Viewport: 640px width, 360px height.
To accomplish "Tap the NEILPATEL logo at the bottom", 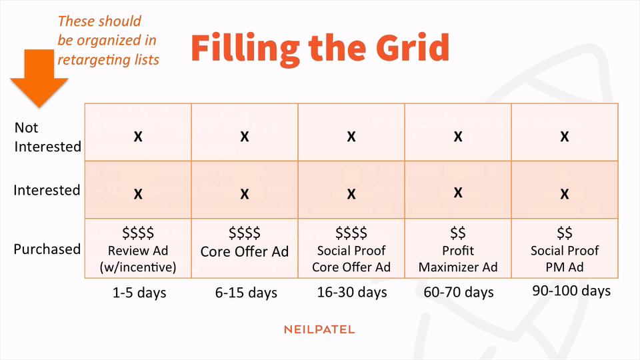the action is click(319, 329).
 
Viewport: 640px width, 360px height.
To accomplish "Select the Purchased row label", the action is click(47, 249).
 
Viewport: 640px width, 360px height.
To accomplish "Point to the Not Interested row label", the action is click(48, 137).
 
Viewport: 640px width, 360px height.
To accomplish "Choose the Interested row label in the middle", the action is click(47, 190).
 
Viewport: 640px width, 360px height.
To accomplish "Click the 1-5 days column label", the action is click(139, 293).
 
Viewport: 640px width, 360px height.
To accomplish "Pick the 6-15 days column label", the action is click(246, 293).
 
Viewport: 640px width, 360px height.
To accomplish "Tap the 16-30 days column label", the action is click(352, 292).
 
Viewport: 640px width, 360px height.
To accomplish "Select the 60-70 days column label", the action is click(459, 292).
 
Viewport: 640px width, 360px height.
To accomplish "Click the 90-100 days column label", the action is click(571, 291).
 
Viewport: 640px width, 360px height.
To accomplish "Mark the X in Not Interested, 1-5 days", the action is click(138, 136).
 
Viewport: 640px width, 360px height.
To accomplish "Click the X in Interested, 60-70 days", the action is click(458, 192).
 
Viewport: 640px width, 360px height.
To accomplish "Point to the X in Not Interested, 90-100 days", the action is click(565, 136).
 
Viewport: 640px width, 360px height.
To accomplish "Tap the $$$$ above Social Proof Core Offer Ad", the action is click(351, 233).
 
